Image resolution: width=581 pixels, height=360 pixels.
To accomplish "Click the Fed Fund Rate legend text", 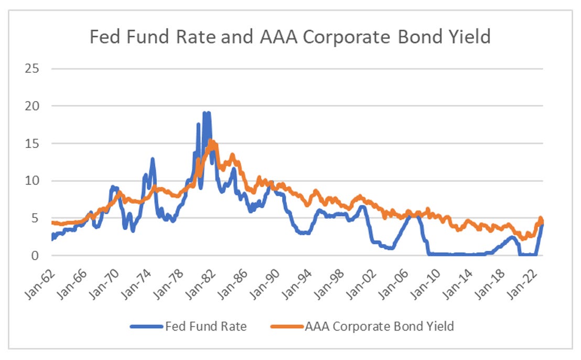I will (206, 326).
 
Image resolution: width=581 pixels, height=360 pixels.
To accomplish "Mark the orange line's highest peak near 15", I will (211, 141).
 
